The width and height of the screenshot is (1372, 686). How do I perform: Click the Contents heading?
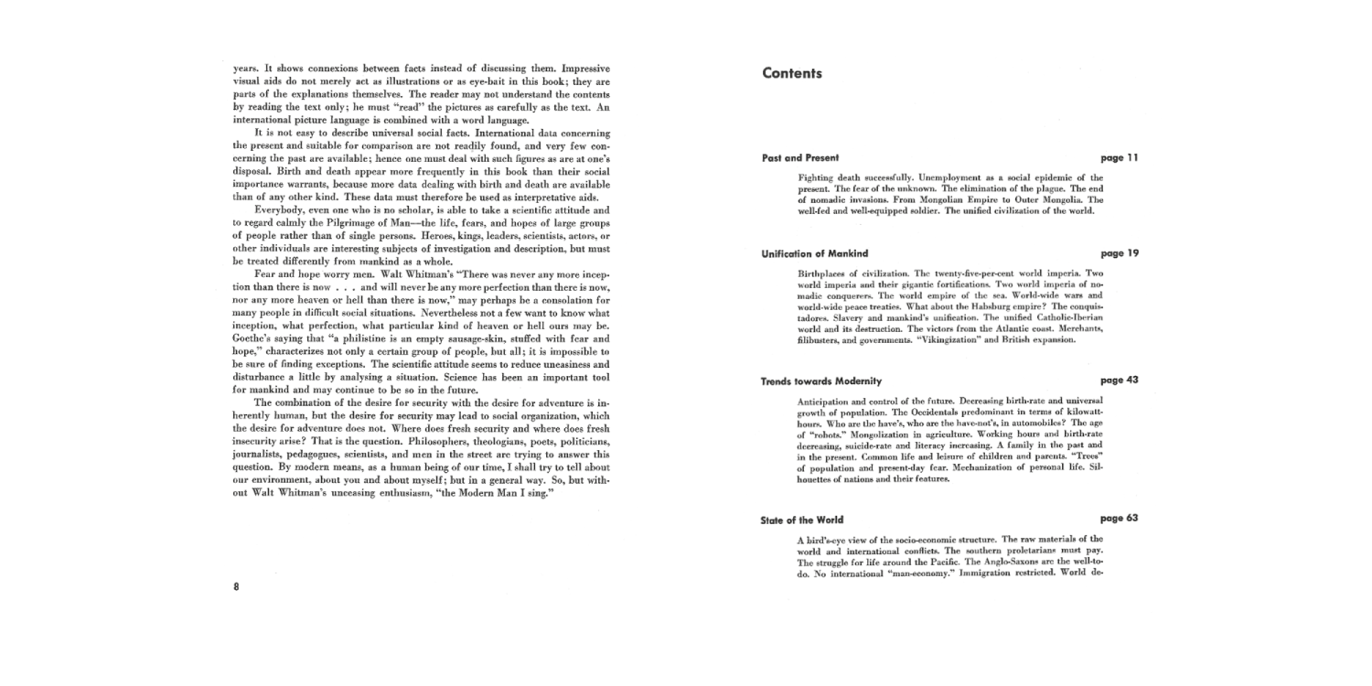pyautogui.click(x=792, y=74)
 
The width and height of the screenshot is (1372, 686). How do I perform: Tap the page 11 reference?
pyautogui.click(x=1120, y=158)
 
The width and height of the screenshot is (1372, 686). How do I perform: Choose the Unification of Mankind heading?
pyautogui.click(x=815, y=253)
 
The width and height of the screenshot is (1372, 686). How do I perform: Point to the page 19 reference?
pyautogui.click(x=1120, y=253)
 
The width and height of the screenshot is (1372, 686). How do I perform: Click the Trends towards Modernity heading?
pyautogui.click(x=821, y=381)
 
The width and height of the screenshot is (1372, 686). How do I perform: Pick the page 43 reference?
pyautogui.click(x=1120, y=381)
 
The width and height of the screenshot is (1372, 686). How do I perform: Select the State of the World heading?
pyautogui.click(x=801, y=520)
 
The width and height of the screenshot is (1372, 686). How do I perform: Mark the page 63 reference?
pyautogui.click(x=1120, y=519)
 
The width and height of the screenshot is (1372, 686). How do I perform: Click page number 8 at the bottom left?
pyautogui.click(x=236, y=586)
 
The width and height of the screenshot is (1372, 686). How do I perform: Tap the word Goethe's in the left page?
pyautogui.click(x=252, y=338)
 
